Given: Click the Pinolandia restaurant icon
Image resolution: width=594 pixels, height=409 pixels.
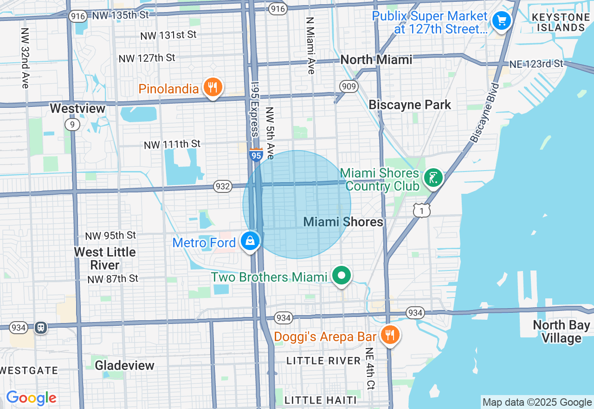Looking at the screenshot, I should pos(213,87).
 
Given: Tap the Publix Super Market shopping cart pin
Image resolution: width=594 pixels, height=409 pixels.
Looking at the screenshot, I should pos(501,20).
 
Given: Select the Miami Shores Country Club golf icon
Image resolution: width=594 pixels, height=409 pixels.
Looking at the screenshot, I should pos(433,178).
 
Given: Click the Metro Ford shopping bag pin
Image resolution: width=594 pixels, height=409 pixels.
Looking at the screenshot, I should pos(250,241).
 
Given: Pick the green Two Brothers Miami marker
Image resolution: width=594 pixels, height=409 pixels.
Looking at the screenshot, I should pos(342,276).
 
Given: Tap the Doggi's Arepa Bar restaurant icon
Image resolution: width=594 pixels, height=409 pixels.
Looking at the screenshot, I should pos(390,334).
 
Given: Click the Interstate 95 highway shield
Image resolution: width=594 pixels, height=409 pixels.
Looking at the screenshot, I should pos(256,155).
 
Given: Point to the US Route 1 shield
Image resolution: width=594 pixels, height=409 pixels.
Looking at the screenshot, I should pos(422,211).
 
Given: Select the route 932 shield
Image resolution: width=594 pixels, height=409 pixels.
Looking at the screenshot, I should pos(223,186).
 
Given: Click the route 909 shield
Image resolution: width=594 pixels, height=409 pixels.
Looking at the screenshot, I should pos(348,86).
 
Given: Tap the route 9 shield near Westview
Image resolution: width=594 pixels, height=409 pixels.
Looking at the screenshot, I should pos(72,125).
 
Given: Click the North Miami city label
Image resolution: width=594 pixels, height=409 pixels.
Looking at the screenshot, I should pos(376,59).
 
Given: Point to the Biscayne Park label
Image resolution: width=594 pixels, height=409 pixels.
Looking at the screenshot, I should pos(409,105).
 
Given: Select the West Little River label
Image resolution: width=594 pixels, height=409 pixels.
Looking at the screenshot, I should pos(105,258).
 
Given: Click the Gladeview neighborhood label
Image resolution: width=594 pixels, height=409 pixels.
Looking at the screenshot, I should pos(124,365).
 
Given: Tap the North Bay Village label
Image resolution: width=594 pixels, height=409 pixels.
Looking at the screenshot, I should pos(561,331).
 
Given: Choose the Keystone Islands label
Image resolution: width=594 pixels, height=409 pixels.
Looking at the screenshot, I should pos(558,22).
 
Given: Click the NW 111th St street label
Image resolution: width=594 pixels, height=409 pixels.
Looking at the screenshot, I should pos(172,145).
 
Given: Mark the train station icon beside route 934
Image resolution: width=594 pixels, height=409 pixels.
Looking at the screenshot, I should pos(41,327).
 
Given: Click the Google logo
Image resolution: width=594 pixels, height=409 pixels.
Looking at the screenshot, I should pos(31,398).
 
